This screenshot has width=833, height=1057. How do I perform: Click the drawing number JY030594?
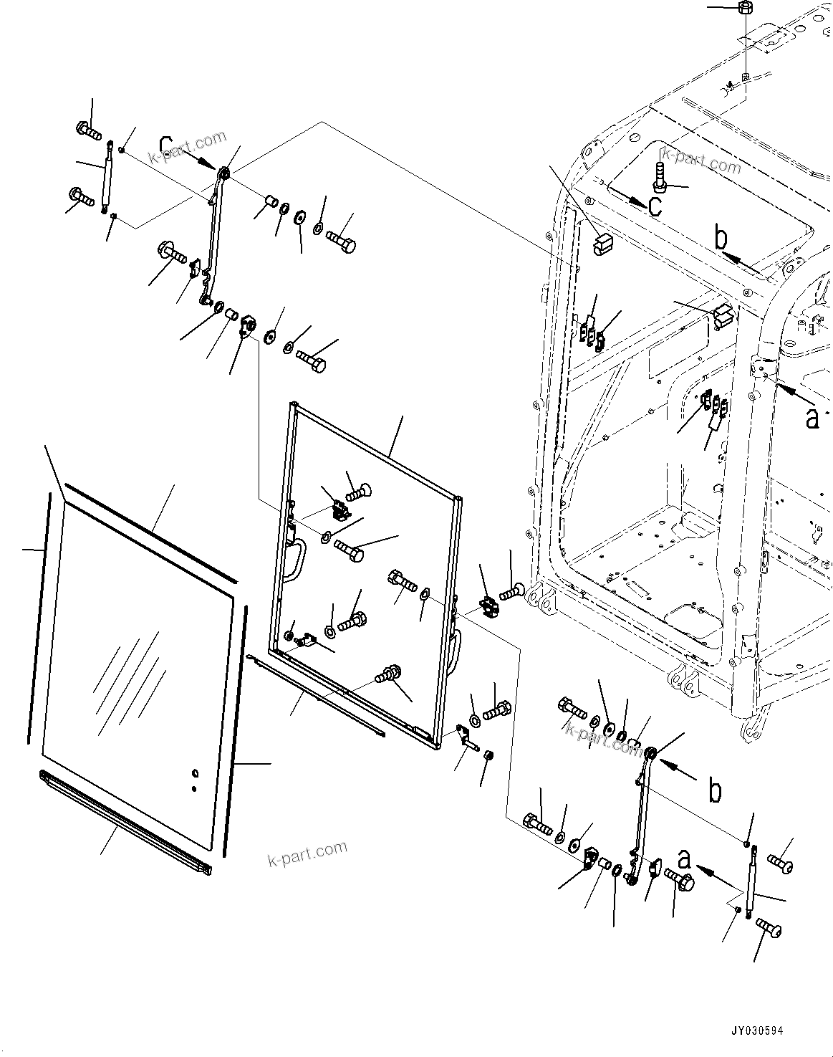coord(756,1030)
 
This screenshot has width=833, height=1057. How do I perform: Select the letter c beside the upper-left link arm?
coord(165,146)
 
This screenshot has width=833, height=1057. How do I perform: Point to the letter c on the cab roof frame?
coord(654,206)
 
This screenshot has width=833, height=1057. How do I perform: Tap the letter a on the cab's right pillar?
coord(812,417)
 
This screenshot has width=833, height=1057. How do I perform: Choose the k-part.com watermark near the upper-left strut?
coord(187,147)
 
